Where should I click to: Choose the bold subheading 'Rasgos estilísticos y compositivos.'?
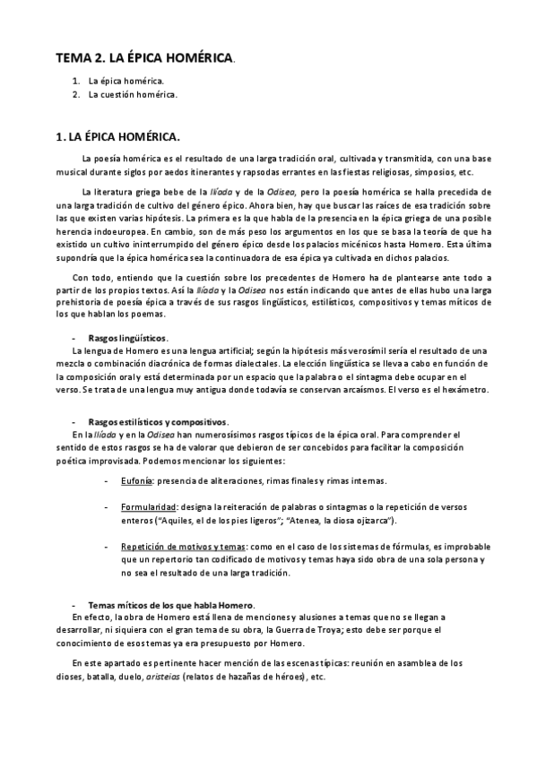(159, 421)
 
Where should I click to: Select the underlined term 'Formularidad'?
(149, 507)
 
